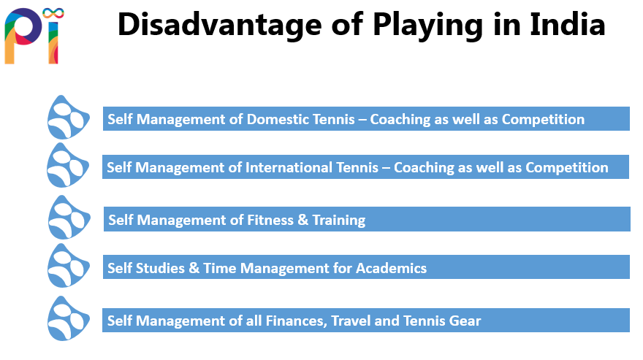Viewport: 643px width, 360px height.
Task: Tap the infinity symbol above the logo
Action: coord(53,14)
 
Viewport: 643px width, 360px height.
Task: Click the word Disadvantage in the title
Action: coord(219,26)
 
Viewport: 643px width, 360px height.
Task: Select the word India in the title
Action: coord(567,25)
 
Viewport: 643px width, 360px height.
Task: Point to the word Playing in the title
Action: coord(428,26)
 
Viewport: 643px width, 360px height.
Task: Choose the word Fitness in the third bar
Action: coord(270,220)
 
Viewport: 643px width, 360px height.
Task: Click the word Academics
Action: coord(391,268)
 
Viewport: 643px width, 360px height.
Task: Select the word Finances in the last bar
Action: coord(296,321)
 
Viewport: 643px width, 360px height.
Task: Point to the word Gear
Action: coord(465,321)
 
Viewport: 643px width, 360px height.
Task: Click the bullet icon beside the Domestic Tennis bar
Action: coord(68,118)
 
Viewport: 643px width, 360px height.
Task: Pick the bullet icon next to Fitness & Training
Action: coord(69,218)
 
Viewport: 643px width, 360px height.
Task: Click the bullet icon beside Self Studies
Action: coord(68,267)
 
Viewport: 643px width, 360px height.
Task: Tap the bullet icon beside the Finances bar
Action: coord(68,319)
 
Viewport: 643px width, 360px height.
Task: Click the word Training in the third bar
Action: coord(339,221)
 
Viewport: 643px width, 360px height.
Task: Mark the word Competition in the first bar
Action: coord(543,119)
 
